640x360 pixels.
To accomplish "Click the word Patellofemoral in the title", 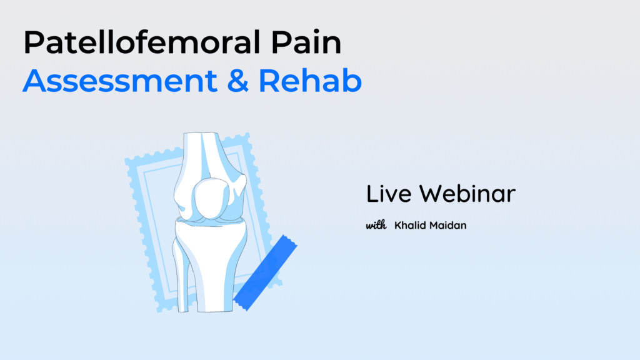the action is (x=142, y=42).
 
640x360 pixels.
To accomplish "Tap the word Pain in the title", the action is (x=306, y=42).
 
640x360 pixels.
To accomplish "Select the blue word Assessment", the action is (x=119, y=81).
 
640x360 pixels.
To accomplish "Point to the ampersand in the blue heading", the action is (x=237, y=81).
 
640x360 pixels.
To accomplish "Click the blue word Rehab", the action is (x=310, y=81).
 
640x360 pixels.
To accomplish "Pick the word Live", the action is (x=389, y=194).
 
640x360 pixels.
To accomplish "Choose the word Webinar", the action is (x=467, y=194).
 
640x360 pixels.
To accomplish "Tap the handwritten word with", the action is (x=376, y=225).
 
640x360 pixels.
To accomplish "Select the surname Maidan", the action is (x=447, y=225).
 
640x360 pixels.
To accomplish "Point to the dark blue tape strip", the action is (x=265, y=272).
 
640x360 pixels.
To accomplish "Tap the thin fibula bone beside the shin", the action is (x=180, y=276).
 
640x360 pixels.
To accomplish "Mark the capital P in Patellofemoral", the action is (x=33, y=42).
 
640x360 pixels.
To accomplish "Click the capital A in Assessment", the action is (x=35, y=81).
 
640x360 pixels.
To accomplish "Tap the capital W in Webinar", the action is (x=433, y=194).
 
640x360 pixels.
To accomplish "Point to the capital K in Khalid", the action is (x=398, y=225).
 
